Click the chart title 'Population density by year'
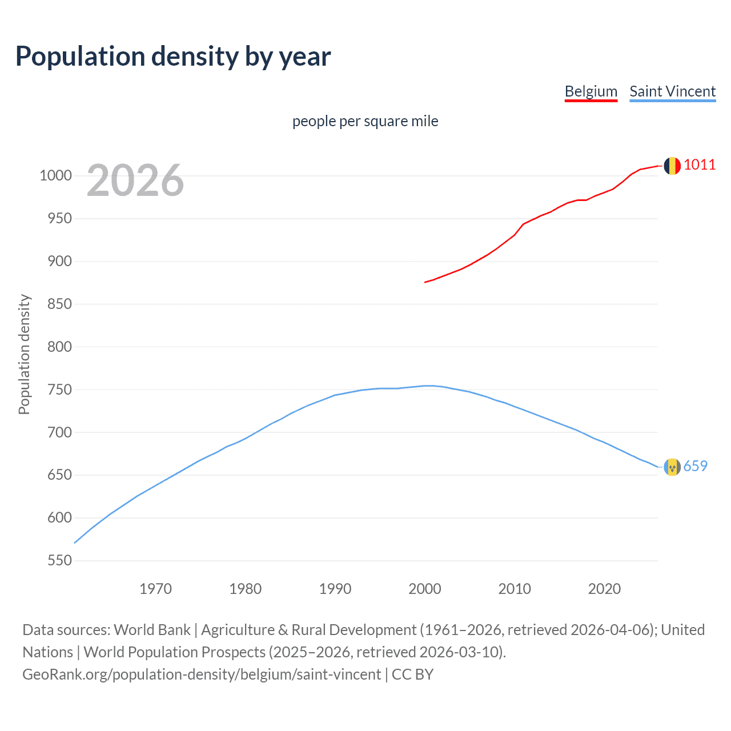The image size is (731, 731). pyautogui.click(x=173, y=57)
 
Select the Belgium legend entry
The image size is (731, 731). pyautogui.click(x=591, y=91)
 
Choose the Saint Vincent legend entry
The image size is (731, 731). pyautogui.click(x=672, y=91)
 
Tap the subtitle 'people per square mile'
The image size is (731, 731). pyautogui.click(x=365, y=121)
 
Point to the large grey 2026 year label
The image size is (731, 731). pyautogui.click(x=135, y=180)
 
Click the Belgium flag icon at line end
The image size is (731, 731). pyautogui.click(x=672, y=166)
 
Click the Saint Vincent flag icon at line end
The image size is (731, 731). pyautogui.click(x=672, y=467)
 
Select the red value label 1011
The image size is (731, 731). pyautogui.click(x=699, y=165)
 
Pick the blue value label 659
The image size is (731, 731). pyautogui.click(x=695, y=467)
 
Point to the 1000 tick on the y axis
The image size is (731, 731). pyautogui.click(x=55, y=176)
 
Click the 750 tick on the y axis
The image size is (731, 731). pyautogui.click(x=59, y=389)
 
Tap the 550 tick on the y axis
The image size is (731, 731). pyautogui.click(x=59, y=561)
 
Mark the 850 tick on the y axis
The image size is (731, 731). pyautogui.click(x=59, y=304)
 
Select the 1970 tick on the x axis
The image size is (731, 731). pyautogui.click(x=155, y=589)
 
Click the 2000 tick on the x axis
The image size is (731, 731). pyautogui.click(x=425, y=589)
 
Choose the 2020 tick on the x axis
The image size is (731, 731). pyautogui.click(x=604, y=589)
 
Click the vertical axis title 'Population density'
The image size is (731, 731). pyautogui.click(x=24, y=354)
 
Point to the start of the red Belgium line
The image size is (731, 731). pyautogui.click(x=425, y=282)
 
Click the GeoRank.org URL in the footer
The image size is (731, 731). pyautogui.click(x=202, y=674)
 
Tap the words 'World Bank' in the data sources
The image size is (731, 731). pyautogui.click(x=152, y=630)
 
